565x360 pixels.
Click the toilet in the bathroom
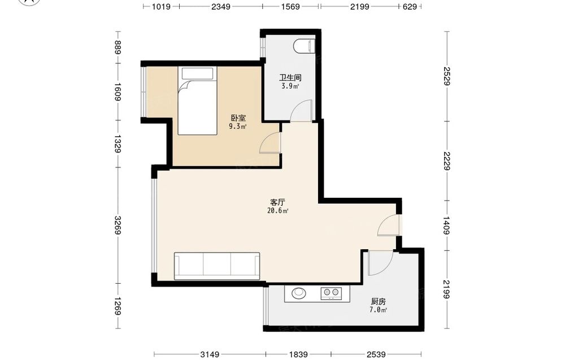click(305, 46)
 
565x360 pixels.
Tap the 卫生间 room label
click(290, 77)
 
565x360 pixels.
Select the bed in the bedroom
click(197, 101)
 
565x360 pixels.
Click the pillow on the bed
click(197, 73)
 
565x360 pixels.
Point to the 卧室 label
click(238, 118)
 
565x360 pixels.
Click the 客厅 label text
click(277, 202)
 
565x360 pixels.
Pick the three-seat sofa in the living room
click(217, 266)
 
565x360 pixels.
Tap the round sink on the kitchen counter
click(298, 293)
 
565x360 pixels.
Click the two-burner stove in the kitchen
click(331, 293)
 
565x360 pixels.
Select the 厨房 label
click(378, 301)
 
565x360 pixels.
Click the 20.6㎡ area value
click(277, 211)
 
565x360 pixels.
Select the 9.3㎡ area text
click(238, 127)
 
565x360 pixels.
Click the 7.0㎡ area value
click(378, 310)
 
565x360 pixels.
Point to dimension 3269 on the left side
click(118, 225)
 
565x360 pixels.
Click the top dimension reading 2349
click(221, 6)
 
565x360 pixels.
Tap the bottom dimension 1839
click(298, 354)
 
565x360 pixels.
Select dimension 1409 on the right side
click(446, 225)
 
